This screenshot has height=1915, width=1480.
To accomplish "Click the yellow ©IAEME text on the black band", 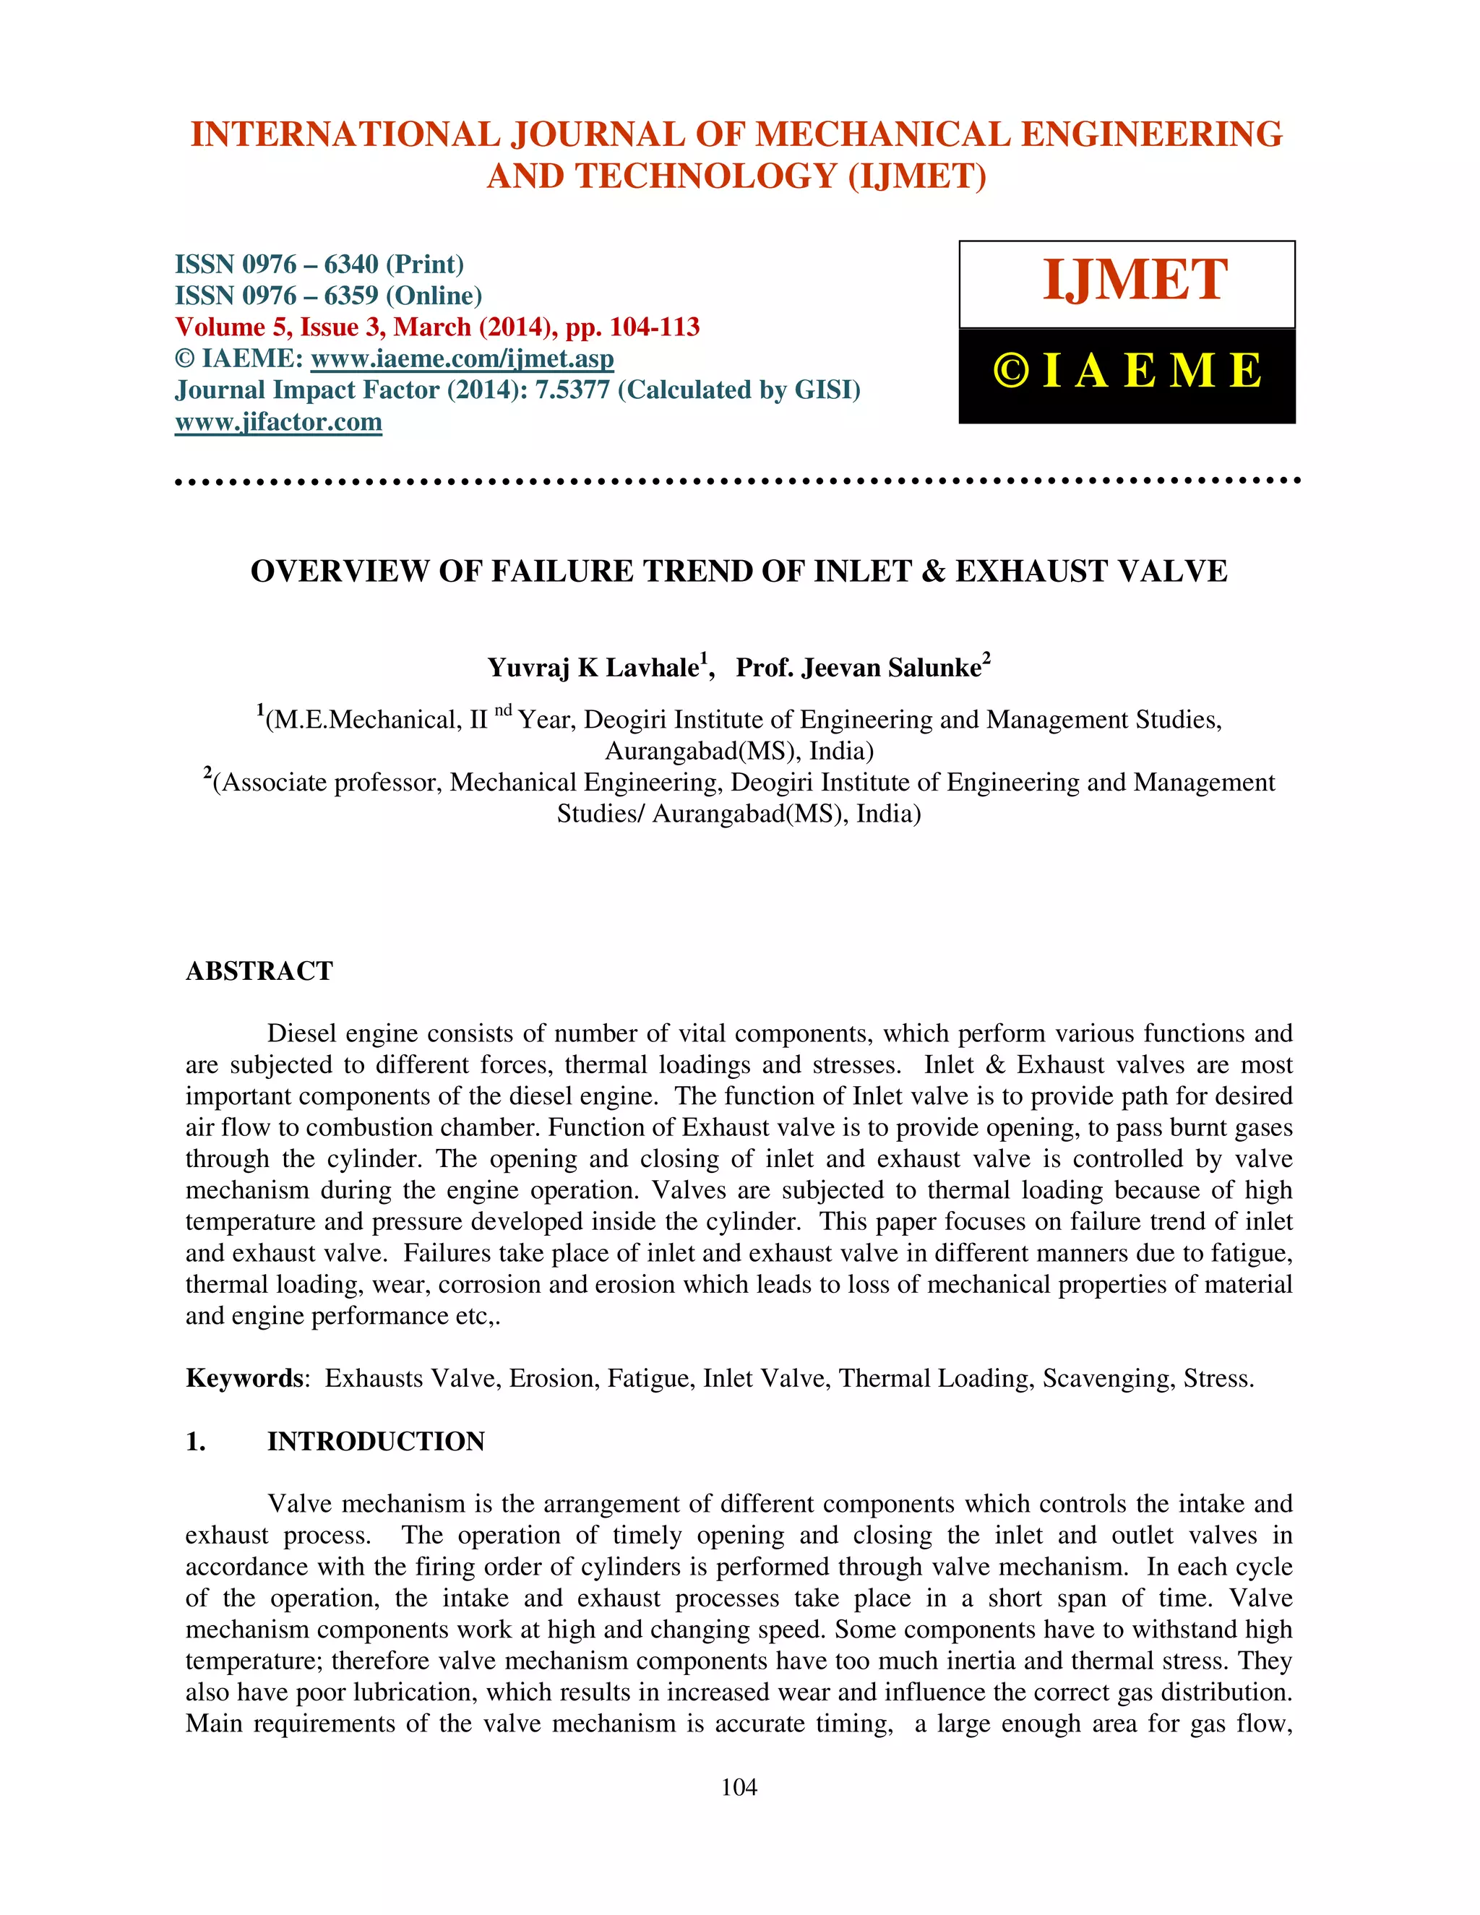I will click(x=1127, y=371).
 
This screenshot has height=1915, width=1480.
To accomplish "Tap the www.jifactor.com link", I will click(x=278, y=422).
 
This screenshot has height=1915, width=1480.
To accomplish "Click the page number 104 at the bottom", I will click(x=739, y=1788).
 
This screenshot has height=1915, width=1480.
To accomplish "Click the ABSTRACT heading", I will click(x=259, y=971).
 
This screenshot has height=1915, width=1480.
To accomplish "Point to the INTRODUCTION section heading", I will click(x=375, y=1442).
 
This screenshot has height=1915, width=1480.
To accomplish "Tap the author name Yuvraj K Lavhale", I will click(x=593, y=668).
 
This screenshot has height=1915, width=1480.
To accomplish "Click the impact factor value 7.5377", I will click(x=572, y=390).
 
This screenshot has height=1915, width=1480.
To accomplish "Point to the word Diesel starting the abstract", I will click(x=303, y=1033).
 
